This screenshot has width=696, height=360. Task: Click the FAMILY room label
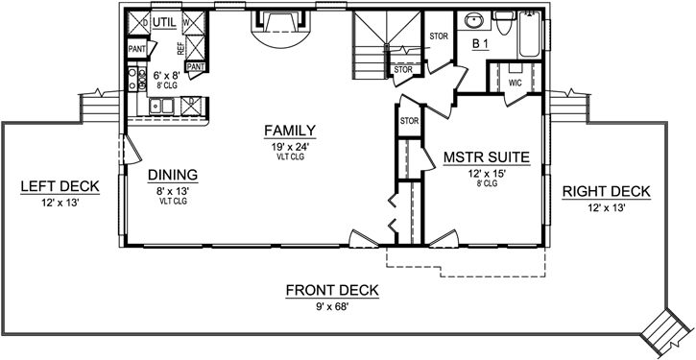point(293,131)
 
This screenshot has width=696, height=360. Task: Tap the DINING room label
point(173,175)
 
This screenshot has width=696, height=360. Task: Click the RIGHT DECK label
point(606,191)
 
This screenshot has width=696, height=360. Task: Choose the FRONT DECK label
point(332,291)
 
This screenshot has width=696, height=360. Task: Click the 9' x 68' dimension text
point(332,307)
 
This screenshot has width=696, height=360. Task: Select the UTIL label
point(167,19)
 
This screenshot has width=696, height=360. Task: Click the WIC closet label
point(515,83)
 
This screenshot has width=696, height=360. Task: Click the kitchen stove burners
point(132,80)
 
